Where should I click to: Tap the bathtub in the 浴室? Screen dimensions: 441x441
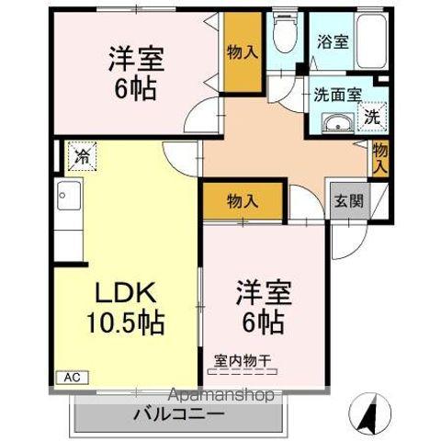[x=371, y=41]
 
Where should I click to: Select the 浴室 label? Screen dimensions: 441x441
[x=333, y=42]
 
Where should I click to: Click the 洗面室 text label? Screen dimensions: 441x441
[x=338, y=95]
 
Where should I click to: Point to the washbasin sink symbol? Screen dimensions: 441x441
[x=338, y=123]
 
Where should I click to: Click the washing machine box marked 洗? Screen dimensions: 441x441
[x=372, y=117]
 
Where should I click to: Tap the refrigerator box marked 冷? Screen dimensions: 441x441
[x=82, y=156]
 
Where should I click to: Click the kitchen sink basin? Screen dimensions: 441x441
[x=69, y=196]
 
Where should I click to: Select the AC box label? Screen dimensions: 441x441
[x=73, y=378]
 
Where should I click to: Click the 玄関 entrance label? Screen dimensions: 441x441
[x=349, y=201]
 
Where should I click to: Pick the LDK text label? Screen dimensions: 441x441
[x=125, y=293]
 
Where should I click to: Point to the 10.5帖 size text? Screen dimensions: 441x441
[x=126, y=323]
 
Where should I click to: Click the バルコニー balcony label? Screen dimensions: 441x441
[x=179, y=415]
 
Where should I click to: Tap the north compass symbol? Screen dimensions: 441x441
[x=371, y=413]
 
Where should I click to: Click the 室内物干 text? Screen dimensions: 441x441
[x=243, y=361]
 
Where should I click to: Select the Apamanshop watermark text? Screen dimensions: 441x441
[x=221, y=395]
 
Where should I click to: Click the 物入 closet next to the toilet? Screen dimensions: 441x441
[x=243, y=52]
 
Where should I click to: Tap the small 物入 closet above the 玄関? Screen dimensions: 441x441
[x=380, y=158]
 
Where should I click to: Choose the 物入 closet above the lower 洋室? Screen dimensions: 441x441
[x=243, y=201]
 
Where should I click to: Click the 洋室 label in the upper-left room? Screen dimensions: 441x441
[x=136, y=59]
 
